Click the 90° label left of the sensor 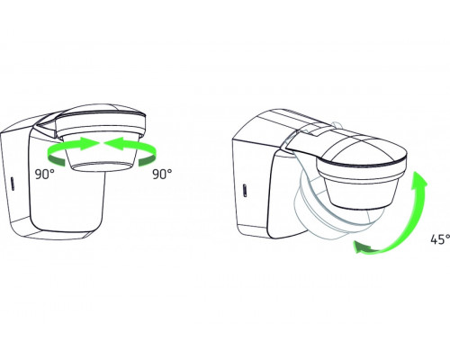point(45,175)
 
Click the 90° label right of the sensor point(162,175)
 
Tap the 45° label point(440,239)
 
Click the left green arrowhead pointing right point(89,142)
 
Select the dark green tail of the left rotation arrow point(57,160)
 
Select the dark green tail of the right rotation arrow point(148,160)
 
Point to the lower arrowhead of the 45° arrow point(363,247)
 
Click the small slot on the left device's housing point(13,184)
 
